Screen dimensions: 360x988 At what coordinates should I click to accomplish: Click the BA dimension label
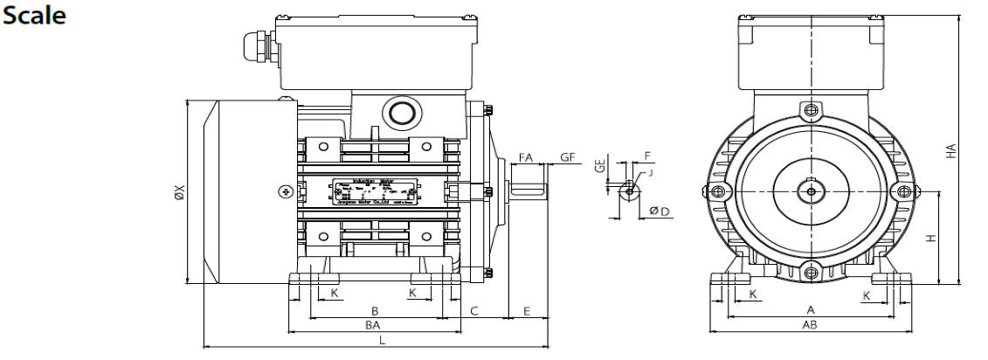pyautogui.click(x=373, y=325)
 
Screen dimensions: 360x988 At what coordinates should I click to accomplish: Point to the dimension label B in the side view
pyautogui.click(x=375, y=310)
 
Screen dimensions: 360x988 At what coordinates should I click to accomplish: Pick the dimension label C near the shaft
pyautogui.click(x=473, y=310)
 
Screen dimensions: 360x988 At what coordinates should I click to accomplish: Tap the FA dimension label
pyautogui.click(x=525, y=157)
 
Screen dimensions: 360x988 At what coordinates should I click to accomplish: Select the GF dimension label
pyautogui.click(x=567, y=157)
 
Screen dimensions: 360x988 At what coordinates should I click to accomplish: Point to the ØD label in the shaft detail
pyautogui.click(x=660, y=211)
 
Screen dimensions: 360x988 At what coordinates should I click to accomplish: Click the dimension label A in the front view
pyautogui.click(x=810, y=310)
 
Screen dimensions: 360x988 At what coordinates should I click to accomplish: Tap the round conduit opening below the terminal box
pyautogui.click(x=402, y=112)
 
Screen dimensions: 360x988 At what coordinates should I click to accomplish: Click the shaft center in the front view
pyautogui.click(x=812, y=191)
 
